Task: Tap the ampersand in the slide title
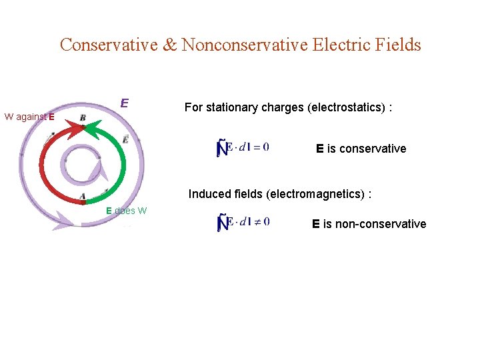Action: click(169, 45)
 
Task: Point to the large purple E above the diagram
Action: click(124, 104)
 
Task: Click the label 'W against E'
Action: click(33, 117)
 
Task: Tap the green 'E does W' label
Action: click(127, 211)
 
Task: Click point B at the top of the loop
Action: click(83, 119)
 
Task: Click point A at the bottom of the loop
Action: click(83, 197)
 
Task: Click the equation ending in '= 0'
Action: click(243, 147)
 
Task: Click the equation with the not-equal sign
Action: click(243, 222)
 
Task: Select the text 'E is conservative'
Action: click(361, 148)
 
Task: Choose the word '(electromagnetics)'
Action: click(319, 194)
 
